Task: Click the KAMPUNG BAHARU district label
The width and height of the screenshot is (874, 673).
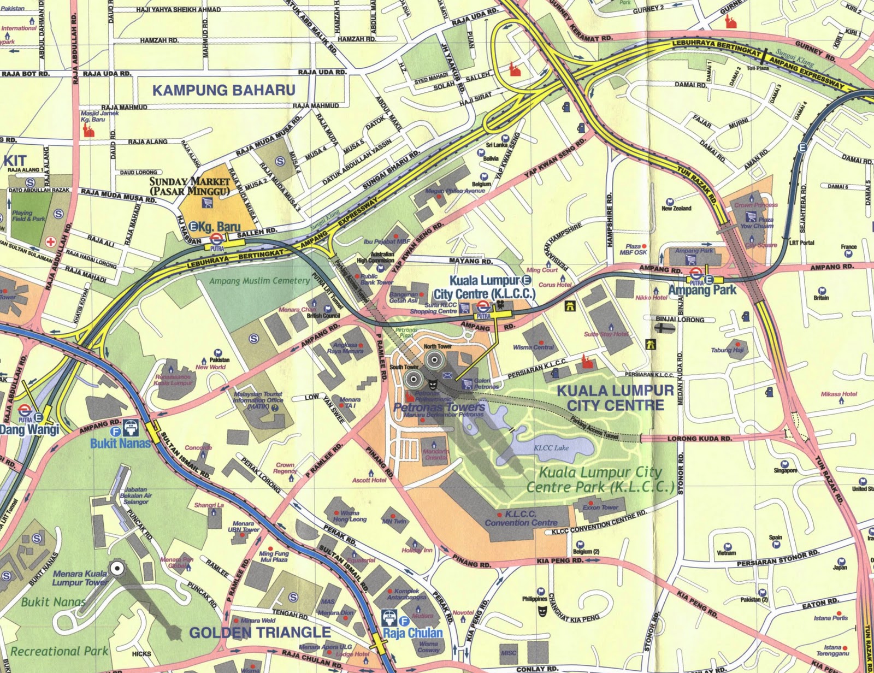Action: (223, 90)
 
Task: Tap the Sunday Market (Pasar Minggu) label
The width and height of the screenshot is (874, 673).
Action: (190, 186)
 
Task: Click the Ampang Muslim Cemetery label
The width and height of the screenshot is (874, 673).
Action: (259, 281)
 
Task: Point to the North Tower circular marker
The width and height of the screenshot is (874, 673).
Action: (434, 359)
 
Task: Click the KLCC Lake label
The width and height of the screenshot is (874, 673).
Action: (551, 447)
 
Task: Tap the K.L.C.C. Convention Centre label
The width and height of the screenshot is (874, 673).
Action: (521, 518)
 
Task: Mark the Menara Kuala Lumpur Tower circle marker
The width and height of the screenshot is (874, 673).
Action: (116, 569)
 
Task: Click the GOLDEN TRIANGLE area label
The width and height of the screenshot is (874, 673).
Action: (259, 633)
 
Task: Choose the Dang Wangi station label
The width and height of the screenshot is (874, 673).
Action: (29, 429)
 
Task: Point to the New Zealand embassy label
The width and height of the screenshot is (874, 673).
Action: (676, 208)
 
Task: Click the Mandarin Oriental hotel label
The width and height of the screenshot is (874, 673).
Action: (435, 454)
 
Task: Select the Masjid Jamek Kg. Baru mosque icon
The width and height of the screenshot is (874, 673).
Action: (86, 130)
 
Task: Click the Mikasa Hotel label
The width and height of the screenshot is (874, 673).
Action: (838, 394)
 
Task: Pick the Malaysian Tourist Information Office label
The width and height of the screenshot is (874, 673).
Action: (258, 400)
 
